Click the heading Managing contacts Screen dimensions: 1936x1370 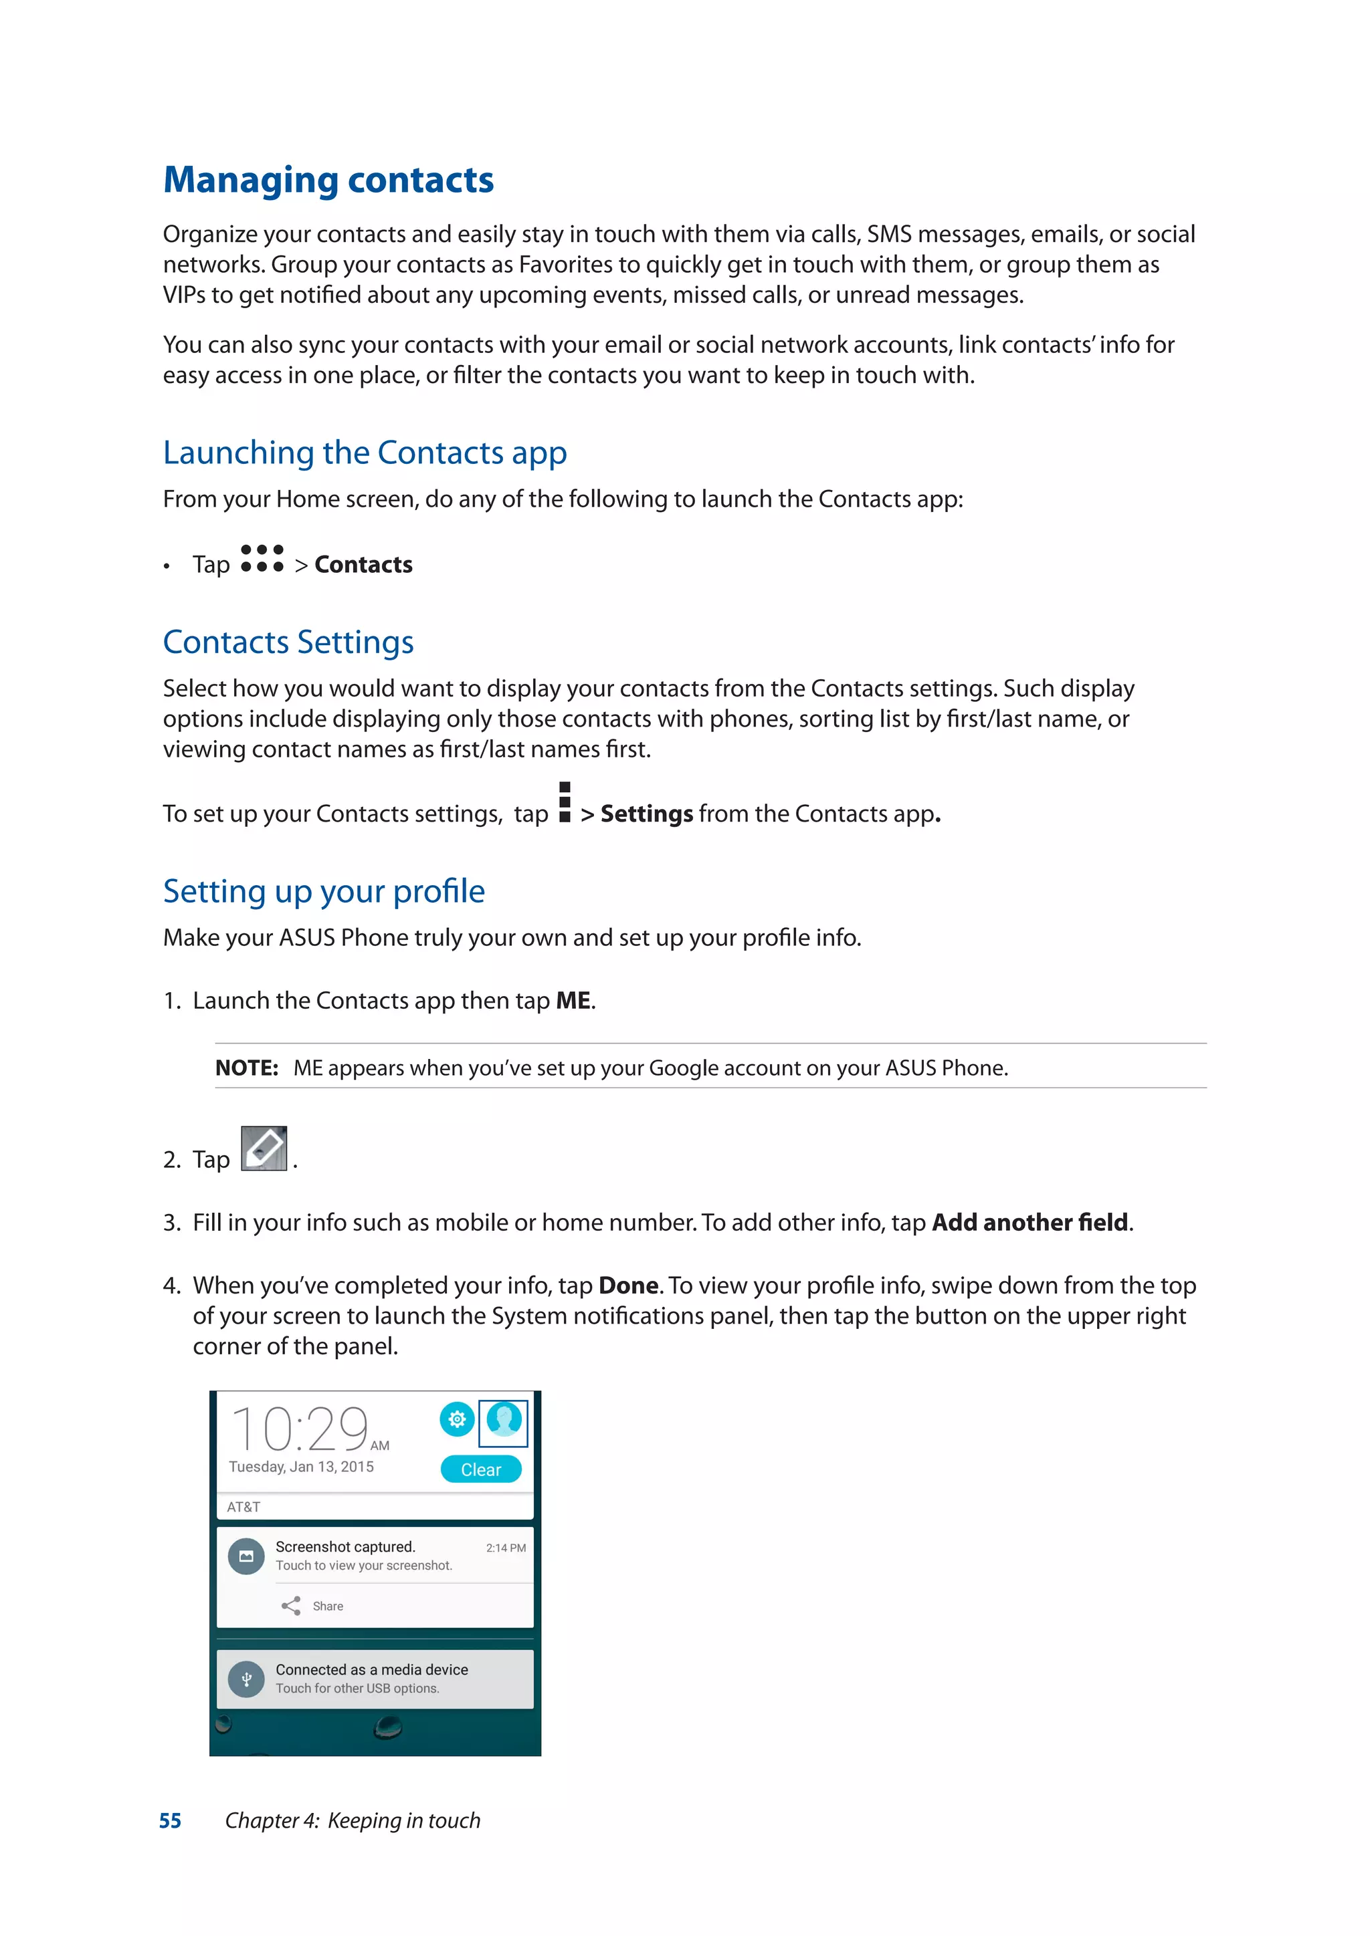coord(328,180)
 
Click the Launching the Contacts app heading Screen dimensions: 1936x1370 coord(365,453)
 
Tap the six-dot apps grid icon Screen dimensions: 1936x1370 coord(262,559)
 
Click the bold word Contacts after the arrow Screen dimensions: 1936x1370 coord(364,565)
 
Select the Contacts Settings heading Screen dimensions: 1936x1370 coord(288,642)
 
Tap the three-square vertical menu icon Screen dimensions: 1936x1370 coord(565,802)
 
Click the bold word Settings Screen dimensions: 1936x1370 coord(646,814)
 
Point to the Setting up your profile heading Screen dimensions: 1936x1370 coord(323,891)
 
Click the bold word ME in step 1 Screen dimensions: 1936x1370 coord(573,1001)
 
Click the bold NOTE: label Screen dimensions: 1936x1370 coord(246,1068)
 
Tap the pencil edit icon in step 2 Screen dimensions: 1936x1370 coord(264,1148)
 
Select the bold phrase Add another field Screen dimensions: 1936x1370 coord(1030,1223)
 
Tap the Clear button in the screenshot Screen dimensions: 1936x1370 coord(481,1469)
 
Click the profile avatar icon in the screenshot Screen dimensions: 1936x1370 coord(504,1423)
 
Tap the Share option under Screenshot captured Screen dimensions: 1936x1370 coord(313,1606)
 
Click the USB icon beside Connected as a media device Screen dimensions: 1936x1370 coord(246,1679)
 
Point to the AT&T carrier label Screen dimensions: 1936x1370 coord(243,1507)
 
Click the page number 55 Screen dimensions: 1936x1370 coord(171,1820)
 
